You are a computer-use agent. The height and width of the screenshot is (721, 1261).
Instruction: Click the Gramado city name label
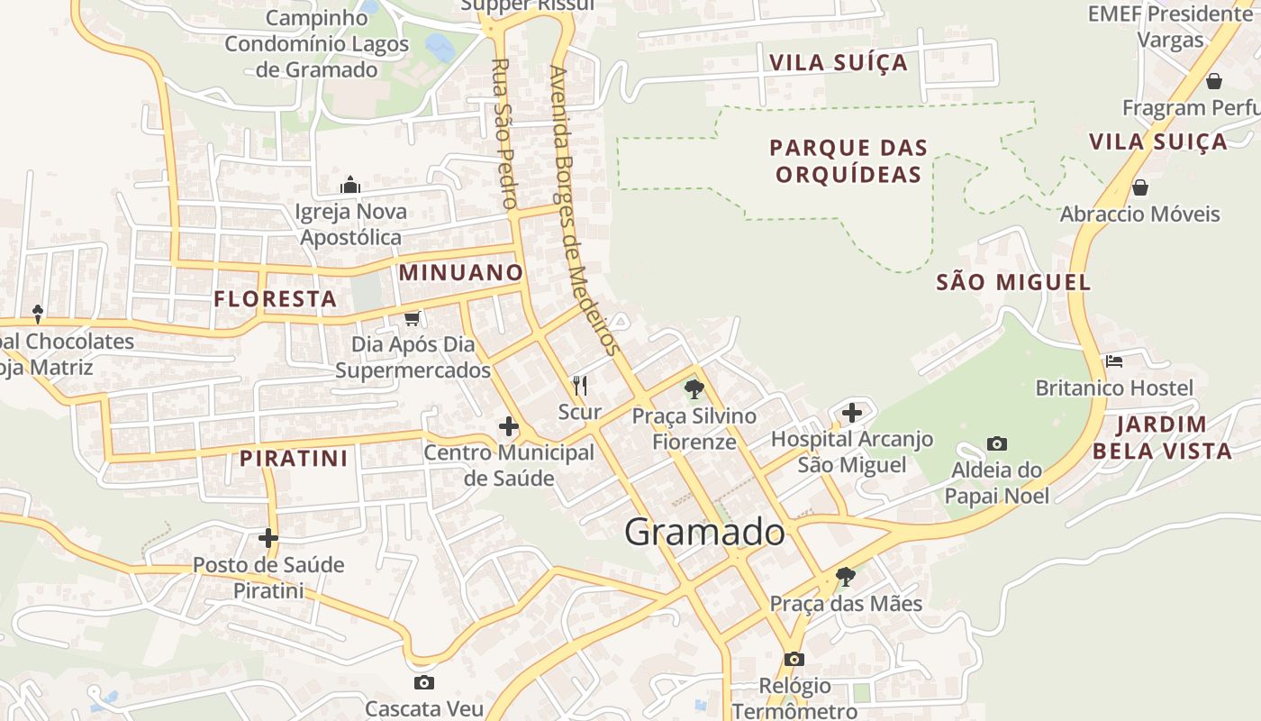pyautogui.click(x=704, y=532)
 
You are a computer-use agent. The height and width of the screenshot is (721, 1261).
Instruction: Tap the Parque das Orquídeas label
pyautogui.click(x=848, y=160)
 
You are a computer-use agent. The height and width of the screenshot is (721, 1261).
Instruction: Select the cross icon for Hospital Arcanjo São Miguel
pyautogui.click(x=852, y=414)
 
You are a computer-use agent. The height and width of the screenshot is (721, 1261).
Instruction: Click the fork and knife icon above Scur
pyautogui.click(x=580, y=386)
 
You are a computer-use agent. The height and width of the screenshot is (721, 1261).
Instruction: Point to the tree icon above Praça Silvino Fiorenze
pyautogui.click(x=694, y=389)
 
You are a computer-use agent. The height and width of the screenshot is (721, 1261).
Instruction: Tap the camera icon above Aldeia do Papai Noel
pyautogui.click(x=996, y=443)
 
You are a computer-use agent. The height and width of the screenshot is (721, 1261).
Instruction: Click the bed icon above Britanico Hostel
pyautogui.click(x=1114, y=361)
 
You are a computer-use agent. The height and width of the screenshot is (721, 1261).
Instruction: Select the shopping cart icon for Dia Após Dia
pyautogui.click(x=413, y=318)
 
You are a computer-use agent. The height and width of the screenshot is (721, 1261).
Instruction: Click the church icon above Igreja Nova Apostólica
pyautogui.click(x=350, y=186)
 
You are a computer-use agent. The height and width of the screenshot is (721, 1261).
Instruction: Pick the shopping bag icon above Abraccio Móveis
pyautogui.click(x=1139, y=187)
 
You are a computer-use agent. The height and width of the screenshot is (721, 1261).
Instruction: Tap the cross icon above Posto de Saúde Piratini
pyautogui.click(x=268, y=538)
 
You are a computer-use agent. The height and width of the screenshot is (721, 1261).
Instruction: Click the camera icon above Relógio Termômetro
pyautogui.click(x=794, y=659)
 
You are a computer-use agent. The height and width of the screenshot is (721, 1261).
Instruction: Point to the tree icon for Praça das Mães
pyautogui.click(x=845, y=576)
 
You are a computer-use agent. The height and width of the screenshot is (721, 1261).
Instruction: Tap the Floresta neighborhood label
pyautogui.click(x=276, y=298)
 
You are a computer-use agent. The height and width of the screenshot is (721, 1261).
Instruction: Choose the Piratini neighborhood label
pyautogui.click(x=294, y=458)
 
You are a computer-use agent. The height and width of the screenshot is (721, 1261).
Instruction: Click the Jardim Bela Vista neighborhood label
pyautogui.click(x=1162, y=437)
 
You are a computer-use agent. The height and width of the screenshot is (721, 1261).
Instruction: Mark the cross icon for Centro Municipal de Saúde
pyautogui.click(x=509, y=426)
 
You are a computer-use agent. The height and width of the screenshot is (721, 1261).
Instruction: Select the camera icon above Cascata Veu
pyautogui.click(x=423, y=682)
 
